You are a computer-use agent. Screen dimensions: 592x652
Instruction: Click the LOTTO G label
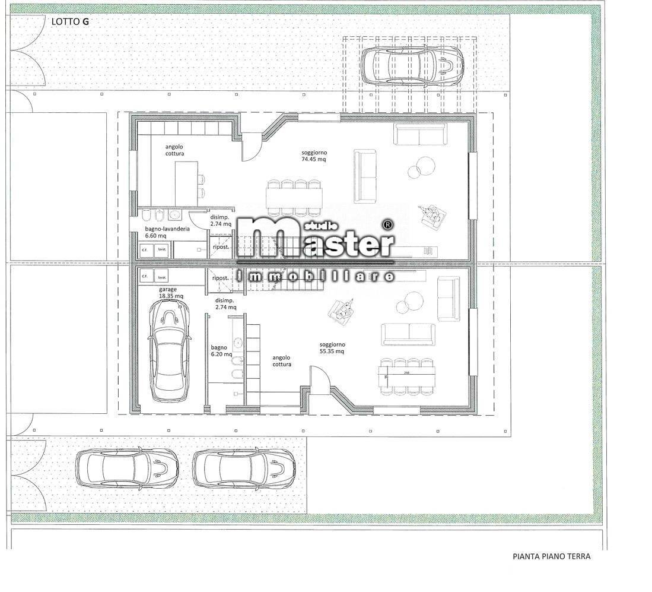[70, 21]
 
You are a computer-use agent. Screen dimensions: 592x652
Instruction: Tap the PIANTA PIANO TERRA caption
[551, 557]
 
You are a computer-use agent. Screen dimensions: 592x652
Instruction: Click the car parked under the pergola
[413, 65]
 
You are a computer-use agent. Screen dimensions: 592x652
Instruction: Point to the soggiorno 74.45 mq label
[314, 156]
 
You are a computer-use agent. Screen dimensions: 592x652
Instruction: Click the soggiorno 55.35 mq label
[332, 348]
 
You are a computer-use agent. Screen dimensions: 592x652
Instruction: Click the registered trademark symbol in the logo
[388, 225]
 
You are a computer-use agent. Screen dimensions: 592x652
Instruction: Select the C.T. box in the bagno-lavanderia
[145, 251]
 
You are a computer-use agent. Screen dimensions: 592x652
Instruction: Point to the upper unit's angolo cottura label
[174, 150]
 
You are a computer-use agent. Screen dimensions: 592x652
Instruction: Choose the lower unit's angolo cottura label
[281, 361]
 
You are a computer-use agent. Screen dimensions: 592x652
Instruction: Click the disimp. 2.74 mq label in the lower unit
[224, 304]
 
